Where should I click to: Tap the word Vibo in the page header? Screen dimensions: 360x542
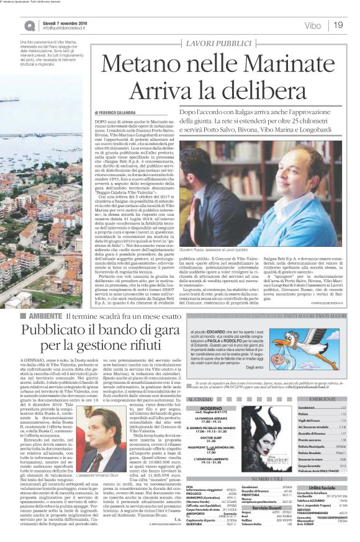tap(313, 25)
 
